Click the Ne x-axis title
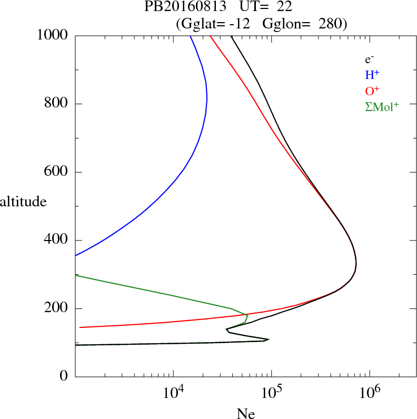(x=245, y=414)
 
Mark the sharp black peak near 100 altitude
(x=269, y=340)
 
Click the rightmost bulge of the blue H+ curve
(x=207, y=98)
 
